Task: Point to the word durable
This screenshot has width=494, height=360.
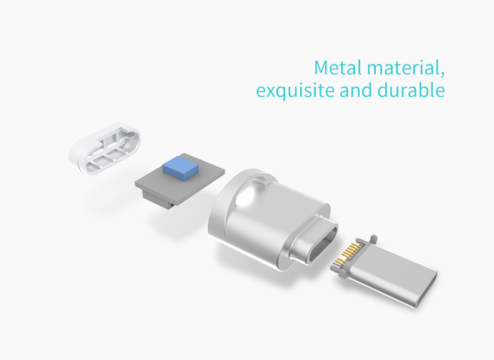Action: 411,90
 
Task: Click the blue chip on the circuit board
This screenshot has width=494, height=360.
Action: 181,169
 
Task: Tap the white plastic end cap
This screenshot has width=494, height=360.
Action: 104,148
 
